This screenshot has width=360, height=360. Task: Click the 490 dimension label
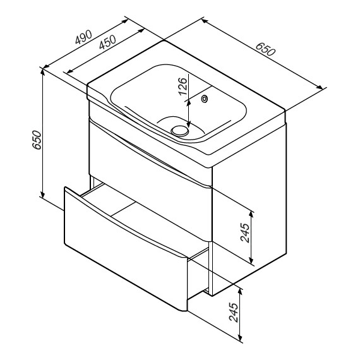click(83, 37)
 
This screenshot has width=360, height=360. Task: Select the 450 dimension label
click(107, 42)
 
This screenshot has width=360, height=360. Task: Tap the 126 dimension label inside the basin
click(183, 87)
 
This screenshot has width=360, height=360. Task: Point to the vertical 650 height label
click(37, 140)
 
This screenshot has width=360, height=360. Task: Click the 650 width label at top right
click(265, 49)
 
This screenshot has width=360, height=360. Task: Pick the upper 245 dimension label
click(245, 232)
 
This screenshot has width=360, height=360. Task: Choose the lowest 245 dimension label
click(234, 312)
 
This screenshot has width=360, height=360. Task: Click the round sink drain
click(180, 131)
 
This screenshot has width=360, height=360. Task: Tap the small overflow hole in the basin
click(204, 99)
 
